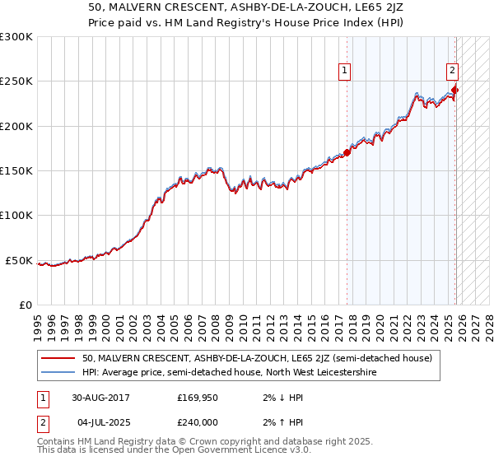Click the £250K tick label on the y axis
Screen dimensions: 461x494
[16, 81]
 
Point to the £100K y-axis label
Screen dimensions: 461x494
[16, 216]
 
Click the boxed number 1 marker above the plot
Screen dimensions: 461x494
[344, 71]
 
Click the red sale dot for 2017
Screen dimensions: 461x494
[347, 152]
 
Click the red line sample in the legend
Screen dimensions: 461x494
[58, 358]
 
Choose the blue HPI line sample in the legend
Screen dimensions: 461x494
[58, 372]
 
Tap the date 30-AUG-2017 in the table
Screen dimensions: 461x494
[100, 397]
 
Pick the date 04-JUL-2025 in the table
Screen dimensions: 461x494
[100, 421]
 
